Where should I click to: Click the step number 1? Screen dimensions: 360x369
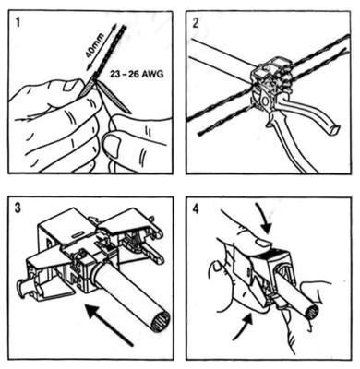18,23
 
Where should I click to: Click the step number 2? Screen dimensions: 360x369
196,23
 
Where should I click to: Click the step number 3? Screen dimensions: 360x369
18,208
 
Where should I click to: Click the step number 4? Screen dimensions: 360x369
196,208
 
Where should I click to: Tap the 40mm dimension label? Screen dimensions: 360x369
94,45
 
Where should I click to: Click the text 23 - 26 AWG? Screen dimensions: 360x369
138,74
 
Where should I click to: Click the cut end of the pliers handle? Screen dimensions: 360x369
333,130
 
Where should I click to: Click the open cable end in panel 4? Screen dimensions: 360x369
310,311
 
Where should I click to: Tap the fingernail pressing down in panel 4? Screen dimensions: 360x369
263,244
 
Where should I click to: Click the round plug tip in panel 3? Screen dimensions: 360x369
21,288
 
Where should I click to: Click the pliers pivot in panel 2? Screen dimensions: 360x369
264,101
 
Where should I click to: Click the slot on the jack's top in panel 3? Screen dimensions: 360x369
78,235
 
